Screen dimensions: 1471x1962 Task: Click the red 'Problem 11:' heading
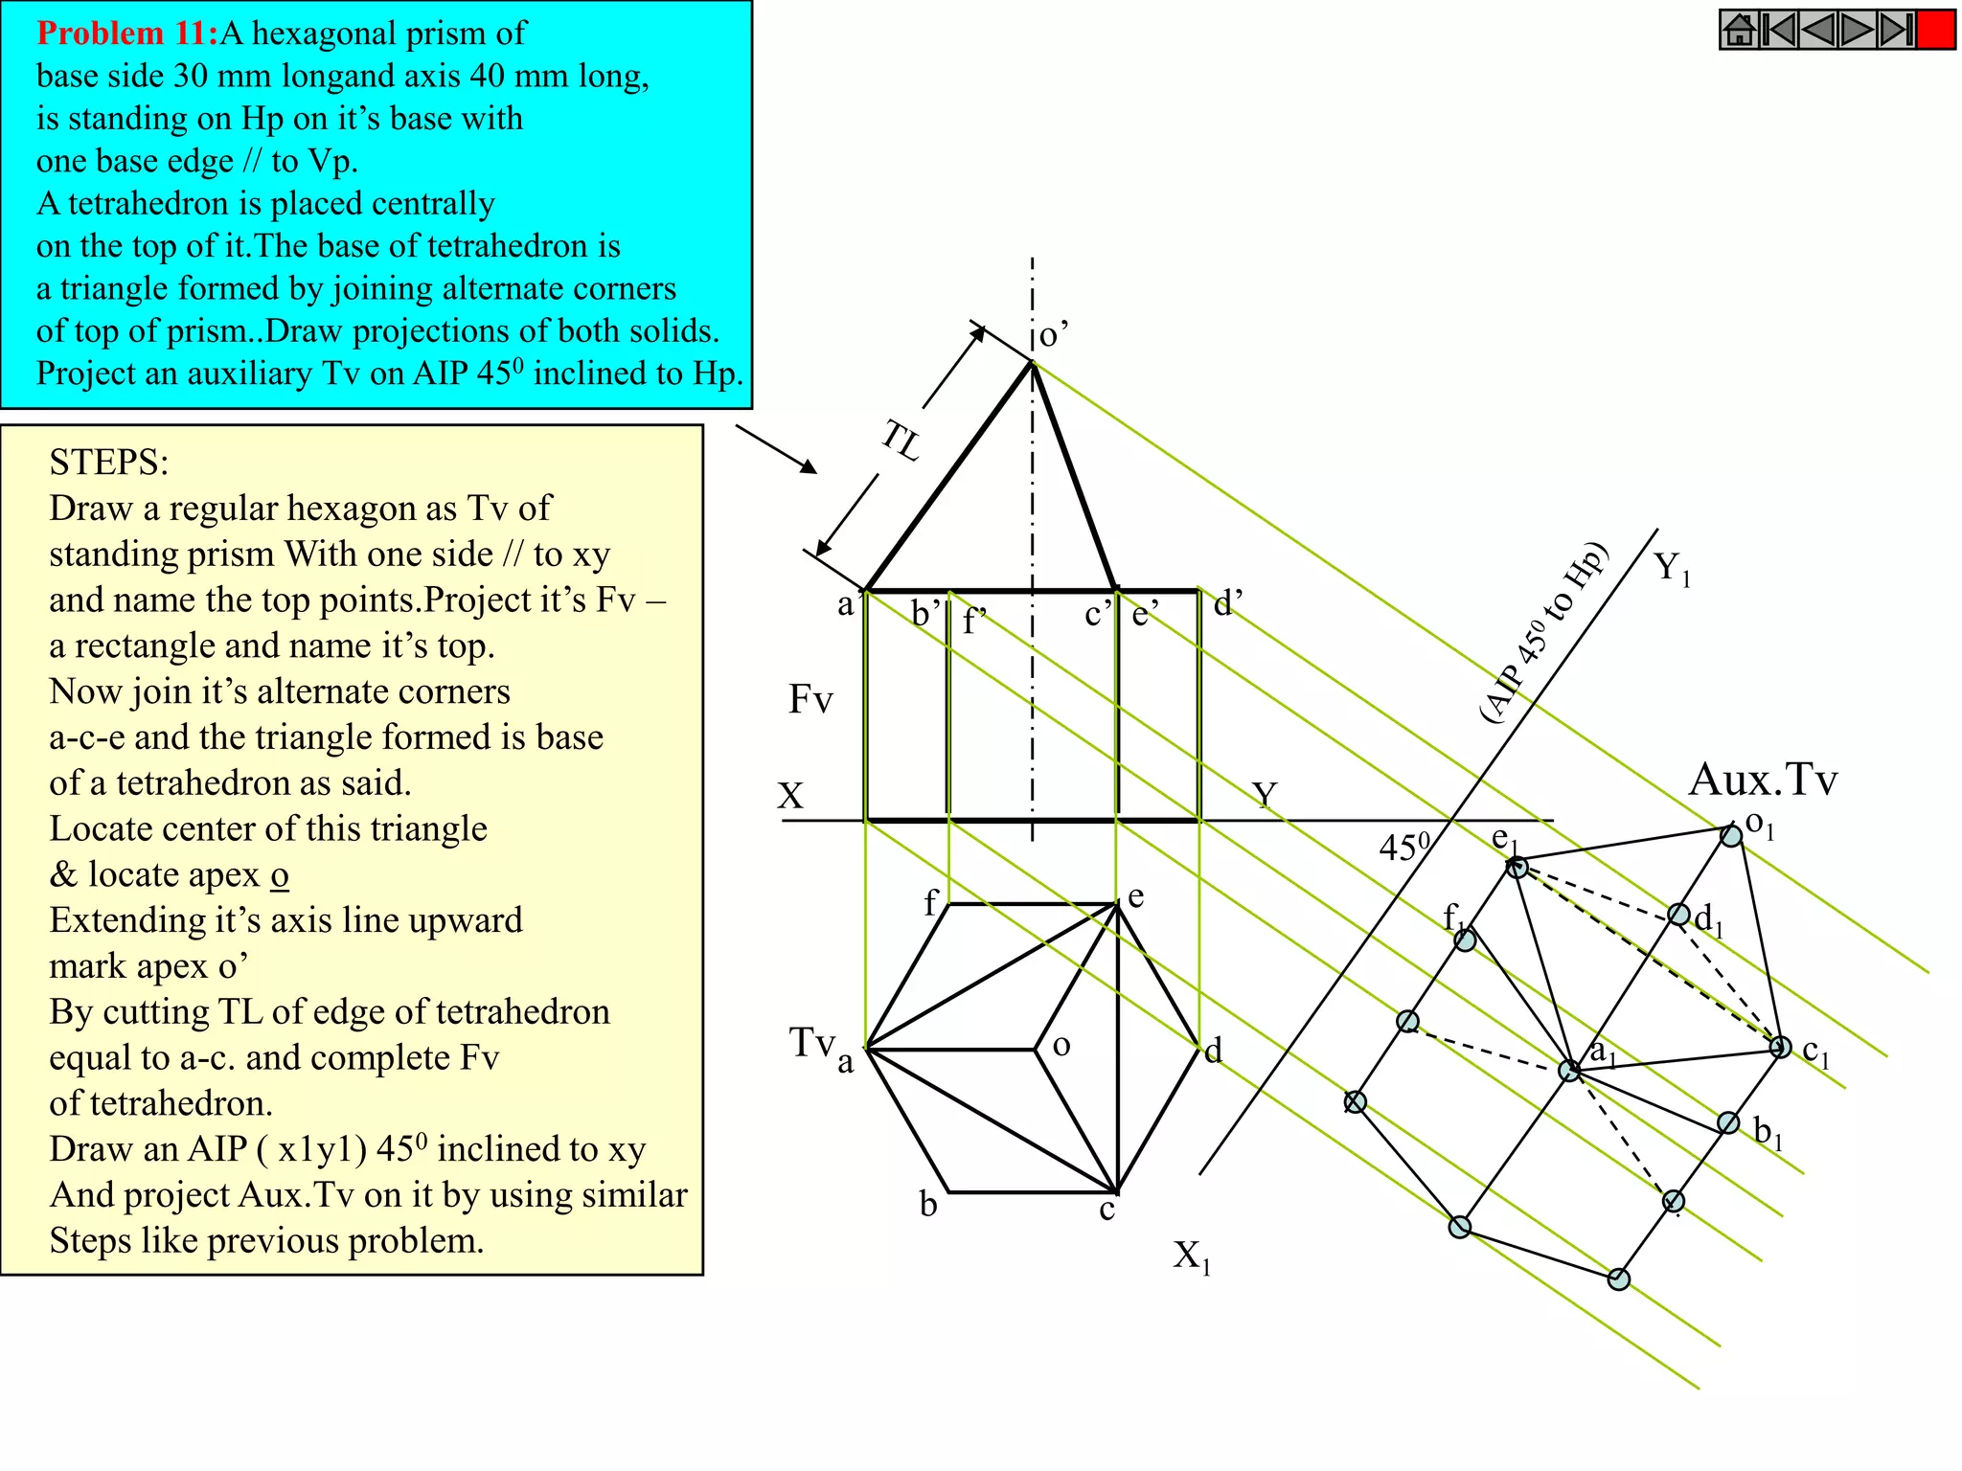click(127, 34)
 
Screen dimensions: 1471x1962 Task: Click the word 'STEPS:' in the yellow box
click(108, 463)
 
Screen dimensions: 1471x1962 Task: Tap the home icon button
click(1739, 30)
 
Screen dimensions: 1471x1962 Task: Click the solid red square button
click(1935, 30)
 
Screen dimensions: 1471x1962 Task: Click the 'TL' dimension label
click(901, 441)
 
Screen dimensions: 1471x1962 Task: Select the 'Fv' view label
click(810, 699)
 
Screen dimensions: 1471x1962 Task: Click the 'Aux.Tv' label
click(1762, 780)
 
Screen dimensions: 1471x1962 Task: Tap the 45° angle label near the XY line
click(1403, 847)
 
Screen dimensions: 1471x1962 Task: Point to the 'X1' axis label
click(1192, 1256)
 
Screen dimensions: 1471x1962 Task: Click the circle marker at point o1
click(1731, 836)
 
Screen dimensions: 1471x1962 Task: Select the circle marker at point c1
click(1780, 1047)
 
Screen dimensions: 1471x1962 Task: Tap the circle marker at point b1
click(1728, 1122)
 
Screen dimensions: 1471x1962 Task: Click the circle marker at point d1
click(1678, 915)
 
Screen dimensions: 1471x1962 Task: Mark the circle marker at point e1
click(1517, 868)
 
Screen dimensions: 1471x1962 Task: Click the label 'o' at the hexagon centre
click(1061, 1045)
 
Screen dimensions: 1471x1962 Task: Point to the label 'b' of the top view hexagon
click(927, 1205)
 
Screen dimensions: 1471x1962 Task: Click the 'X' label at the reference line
click(790, 796)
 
